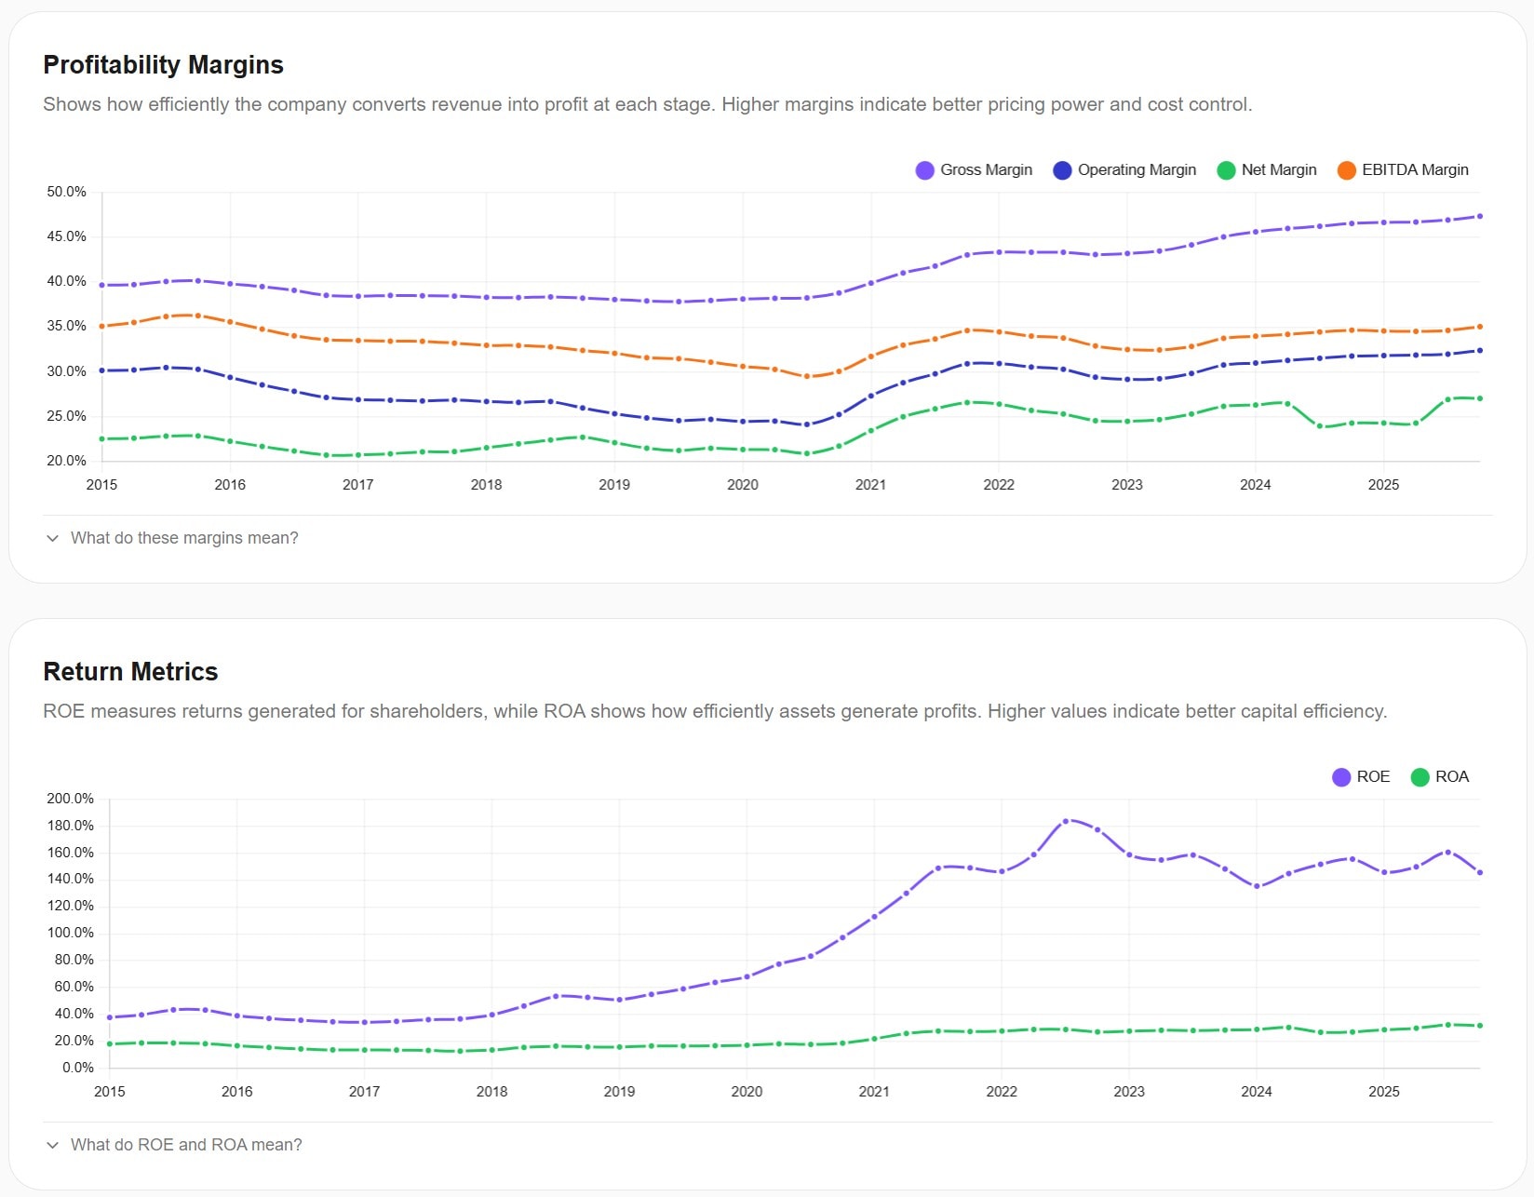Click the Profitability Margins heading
pyautogui.click(x=163, y=65)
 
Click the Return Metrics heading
pyautogui.click(x=130, y=672)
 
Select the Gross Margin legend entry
pyautogui.click(x=975, y=170)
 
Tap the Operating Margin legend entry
pyautogui.click(x=1124, y=170)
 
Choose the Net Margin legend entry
pyautogui.click(x=1267, y=170)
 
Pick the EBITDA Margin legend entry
pyautogui.click(x=1403, y=170)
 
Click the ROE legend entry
pyautogui.click(x=1361, y=777)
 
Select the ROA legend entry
pyautogui.click(x=1440, y=777)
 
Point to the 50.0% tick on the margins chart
pyautogui.click(x=66, y=192)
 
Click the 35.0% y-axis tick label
pyautogui.click(x=66, y=326)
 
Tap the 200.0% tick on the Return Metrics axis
pyautogui.click(x=70, y=799)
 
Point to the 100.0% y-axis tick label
pyautogui.click(x=70, y=933)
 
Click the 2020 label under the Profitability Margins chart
pyautogui.click(x=742, y=485)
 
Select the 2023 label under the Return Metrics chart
pyautogui.click(x=1128, y=1092)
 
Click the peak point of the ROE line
pyautogui.click(x=1066, y=821)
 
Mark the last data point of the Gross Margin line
pyautogui.click(x=1480, y=216)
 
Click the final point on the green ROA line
pyautogui.click(x=1480, y=1026)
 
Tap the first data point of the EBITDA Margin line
pyautogui.click(x=102, y=327)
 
